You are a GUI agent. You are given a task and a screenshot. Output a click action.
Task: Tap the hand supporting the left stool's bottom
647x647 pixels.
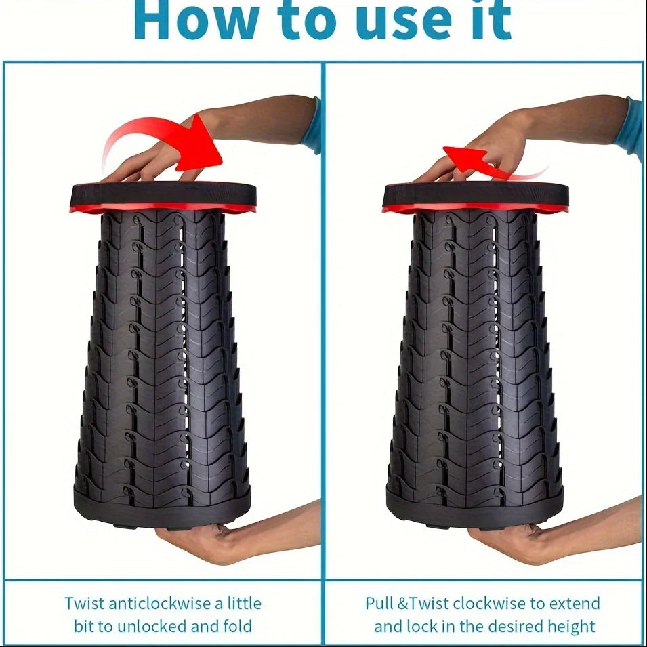tap(203, 539)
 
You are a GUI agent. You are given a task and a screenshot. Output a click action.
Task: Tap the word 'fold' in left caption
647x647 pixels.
tap(238, 626)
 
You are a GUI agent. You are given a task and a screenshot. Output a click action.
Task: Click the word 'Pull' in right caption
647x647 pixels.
tap(381, 603)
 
